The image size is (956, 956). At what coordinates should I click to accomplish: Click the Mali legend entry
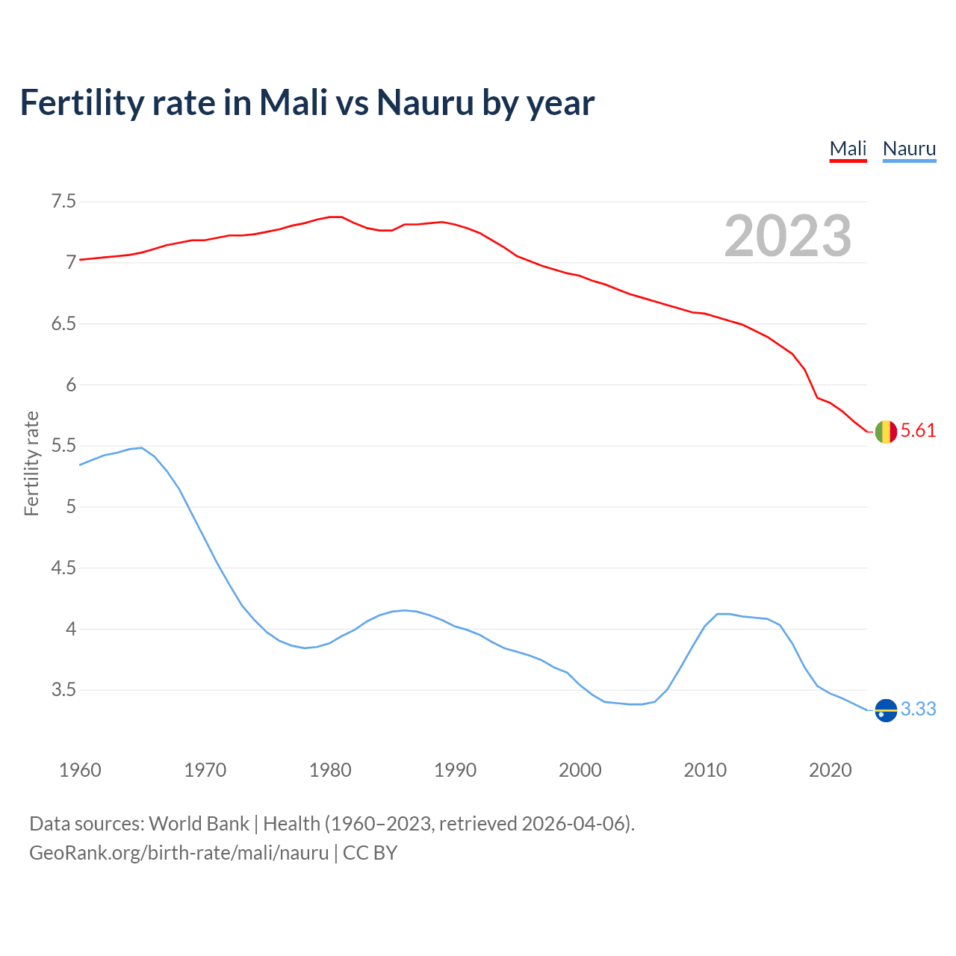[x=848, y=149]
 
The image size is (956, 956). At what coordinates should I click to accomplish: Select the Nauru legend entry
[x=909, y=149]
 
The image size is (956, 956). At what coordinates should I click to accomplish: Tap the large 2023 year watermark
[x=788, y=236]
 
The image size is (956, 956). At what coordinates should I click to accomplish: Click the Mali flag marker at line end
[x=886, y=432]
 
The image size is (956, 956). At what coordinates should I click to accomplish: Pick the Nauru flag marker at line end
[x=886, y=710]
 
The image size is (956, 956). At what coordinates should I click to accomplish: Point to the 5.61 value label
[x=918, y=431]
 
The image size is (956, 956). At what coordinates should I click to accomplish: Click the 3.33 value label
[x=918, y=709]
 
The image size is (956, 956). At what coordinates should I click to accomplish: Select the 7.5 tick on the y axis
[x=63, y=202]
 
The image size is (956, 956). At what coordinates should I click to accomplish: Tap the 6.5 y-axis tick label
[x=63, y=323]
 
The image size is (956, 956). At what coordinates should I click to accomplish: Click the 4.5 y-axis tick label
[x=63, y=568]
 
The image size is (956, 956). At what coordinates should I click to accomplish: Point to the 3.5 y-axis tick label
[x=63, y=689]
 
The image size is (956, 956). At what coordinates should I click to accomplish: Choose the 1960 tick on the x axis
[x=80, y=770]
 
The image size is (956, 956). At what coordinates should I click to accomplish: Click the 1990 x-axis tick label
[x=455, y=770]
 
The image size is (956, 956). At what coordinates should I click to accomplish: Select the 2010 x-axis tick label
[x=705, y=770]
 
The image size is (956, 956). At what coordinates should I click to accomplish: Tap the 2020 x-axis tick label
[x=830, y=770]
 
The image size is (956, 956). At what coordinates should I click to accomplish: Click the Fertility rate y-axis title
[x=31, y=463]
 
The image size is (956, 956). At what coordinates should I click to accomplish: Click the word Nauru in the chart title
[x=425, y=102]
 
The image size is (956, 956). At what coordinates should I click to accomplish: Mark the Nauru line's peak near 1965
[x=141, y=447]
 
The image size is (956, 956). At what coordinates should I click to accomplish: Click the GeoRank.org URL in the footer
[x=179, y=853]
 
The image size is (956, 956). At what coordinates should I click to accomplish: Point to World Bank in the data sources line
[x=199, y=824]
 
